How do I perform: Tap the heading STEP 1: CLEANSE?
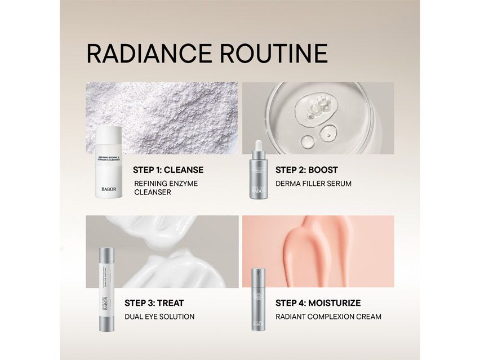tap(168, 170)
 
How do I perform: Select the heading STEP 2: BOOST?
tap(306, 170)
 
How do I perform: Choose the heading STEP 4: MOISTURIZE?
tap(318, 303)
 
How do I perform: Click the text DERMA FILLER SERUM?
tap(313, 183)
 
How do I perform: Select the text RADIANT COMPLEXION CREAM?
tap(328, 317)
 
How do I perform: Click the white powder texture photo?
tap(169, 115)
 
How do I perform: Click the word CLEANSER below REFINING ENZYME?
tap(152, 192)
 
